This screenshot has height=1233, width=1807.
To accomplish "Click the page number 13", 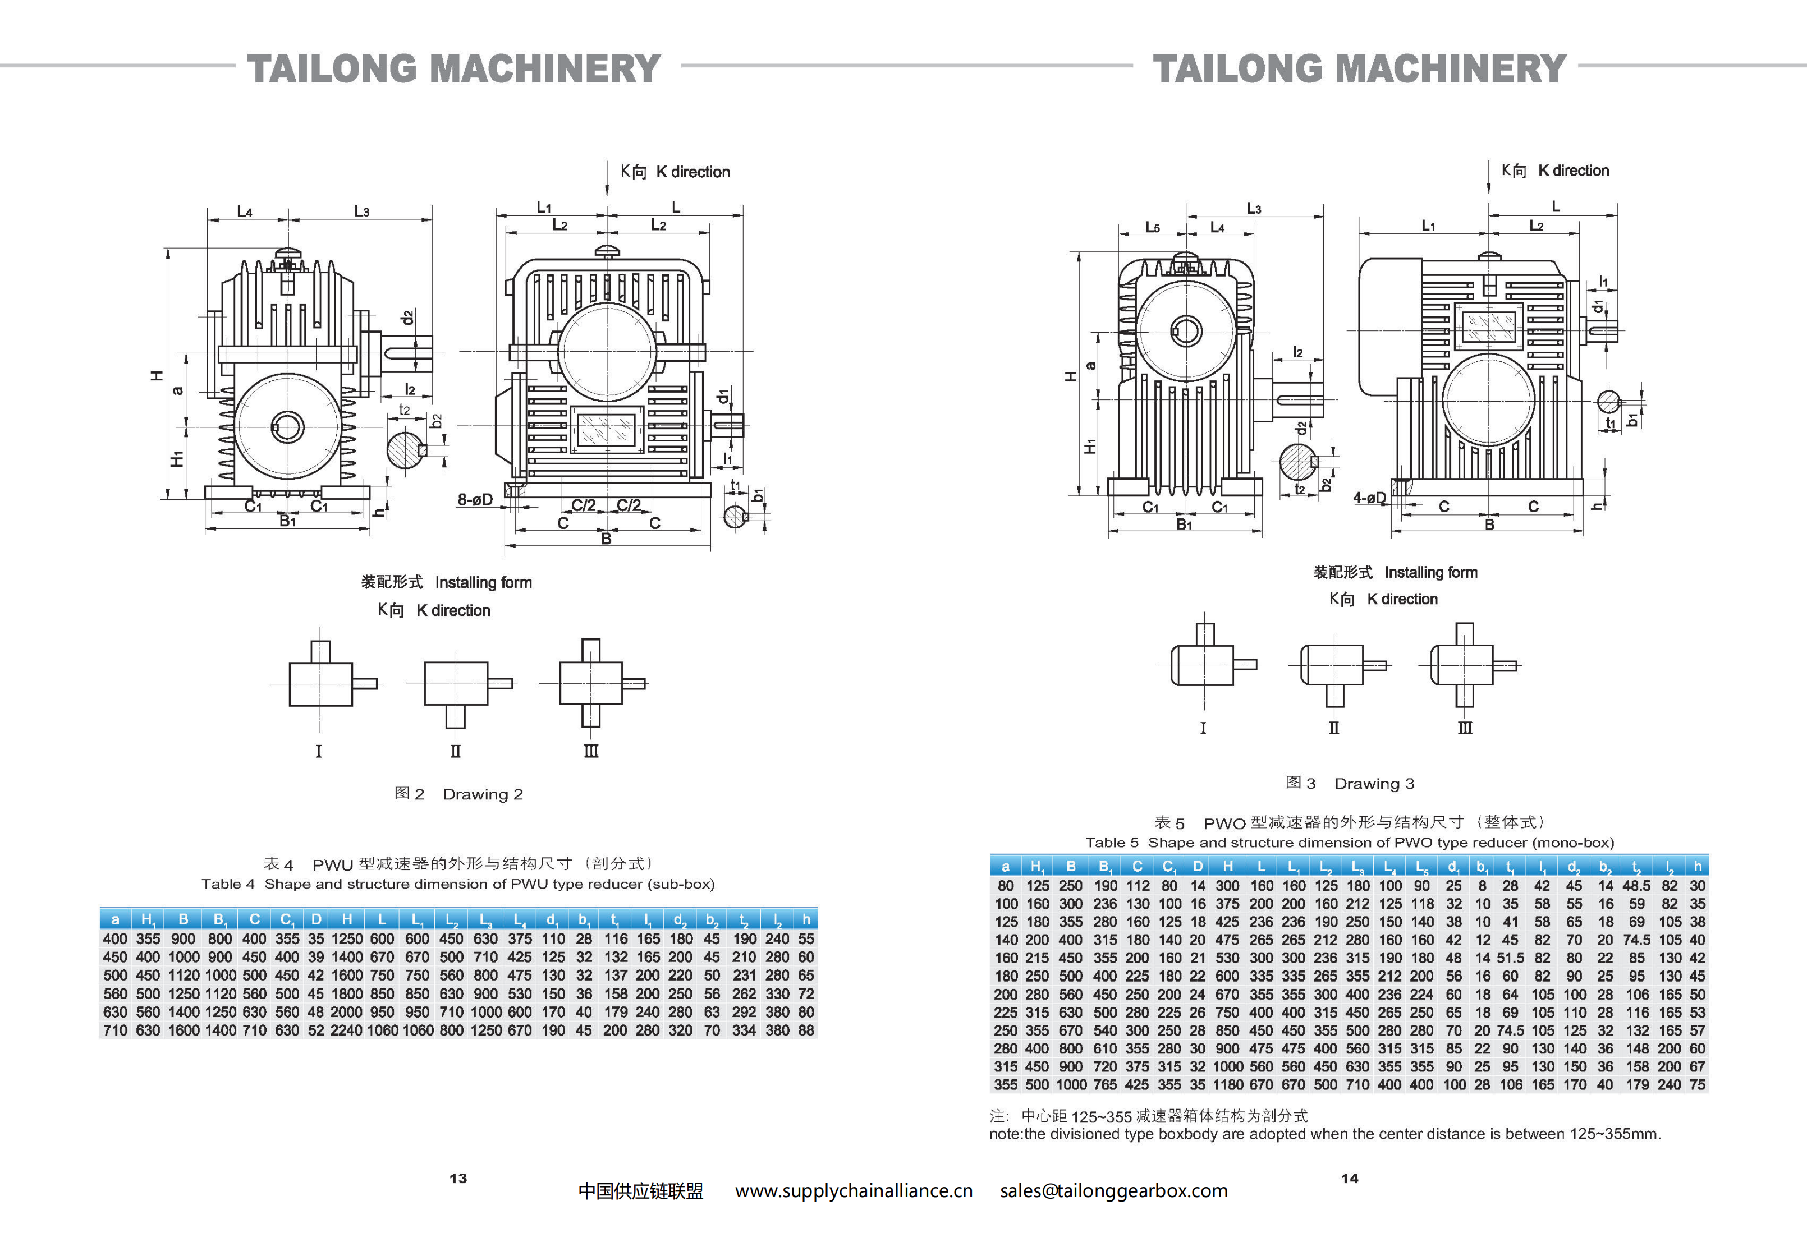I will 458,1179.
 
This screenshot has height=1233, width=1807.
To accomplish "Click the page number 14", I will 1349,1179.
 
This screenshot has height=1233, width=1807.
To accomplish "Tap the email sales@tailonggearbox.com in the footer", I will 1113,1191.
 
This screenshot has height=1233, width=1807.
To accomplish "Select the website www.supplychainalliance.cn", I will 854,1191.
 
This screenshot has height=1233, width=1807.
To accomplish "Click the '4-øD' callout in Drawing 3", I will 1369,498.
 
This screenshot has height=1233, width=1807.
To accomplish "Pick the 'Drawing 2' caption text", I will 482,794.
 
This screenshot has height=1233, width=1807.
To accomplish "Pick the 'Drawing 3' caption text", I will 1374,784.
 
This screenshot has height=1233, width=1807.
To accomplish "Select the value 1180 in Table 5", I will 1228,1084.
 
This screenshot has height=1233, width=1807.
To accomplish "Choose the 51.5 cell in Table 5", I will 1510,958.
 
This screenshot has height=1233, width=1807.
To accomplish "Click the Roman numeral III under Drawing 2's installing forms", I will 591,752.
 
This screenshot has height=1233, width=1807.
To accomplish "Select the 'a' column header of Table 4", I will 115,919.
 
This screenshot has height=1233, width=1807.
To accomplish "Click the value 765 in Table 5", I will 1104,1084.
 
